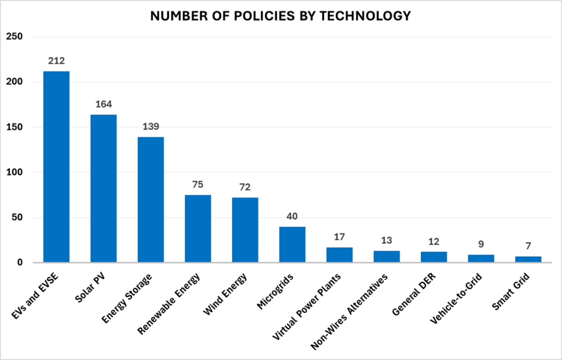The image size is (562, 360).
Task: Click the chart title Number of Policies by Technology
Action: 280,16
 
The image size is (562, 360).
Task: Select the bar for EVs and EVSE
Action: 57,167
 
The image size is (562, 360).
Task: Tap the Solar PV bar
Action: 104,188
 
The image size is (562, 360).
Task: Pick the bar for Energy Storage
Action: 151,200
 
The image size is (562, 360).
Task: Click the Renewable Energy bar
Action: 198,229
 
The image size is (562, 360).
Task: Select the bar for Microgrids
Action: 293,245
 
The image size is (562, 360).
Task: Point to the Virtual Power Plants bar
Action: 340,255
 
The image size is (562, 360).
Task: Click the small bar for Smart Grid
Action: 529,260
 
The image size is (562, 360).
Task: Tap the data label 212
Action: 57,60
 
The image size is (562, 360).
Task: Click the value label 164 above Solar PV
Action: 104,104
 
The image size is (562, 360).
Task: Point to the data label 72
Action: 245,187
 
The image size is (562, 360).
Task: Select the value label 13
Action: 387,240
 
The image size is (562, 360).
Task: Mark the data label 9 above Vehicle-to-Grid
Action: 481,244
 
